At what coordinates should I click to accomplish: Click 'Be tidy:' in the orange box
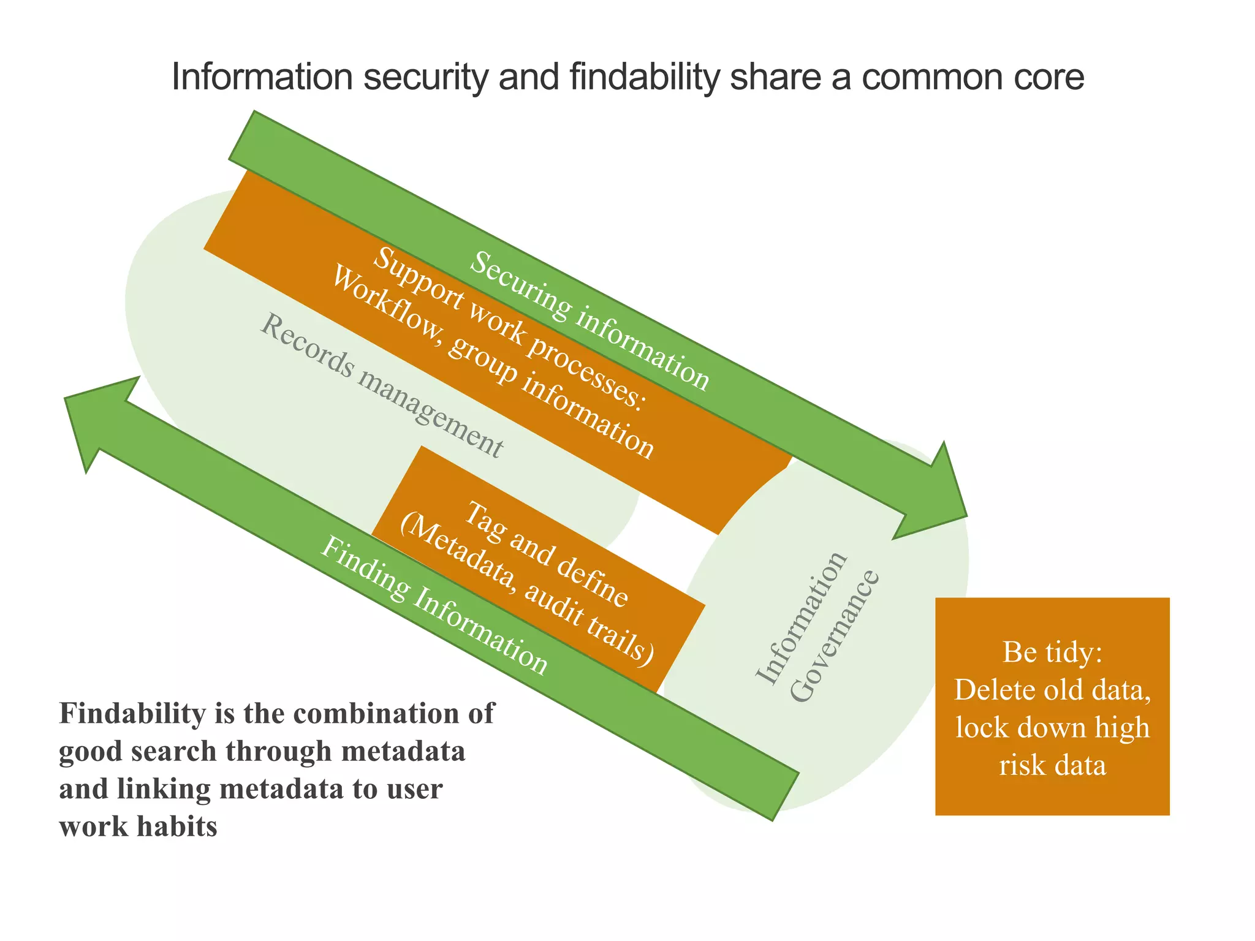click(x=1052, y=653)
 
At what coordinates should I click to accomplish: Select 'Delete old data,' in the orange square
click(x=1052, y=690)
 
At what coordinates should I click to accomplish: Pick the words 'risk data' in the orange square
click(x=1052, y=766)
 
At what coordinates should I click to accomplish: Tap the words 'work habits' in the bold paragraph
click(x=138, y=827)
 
